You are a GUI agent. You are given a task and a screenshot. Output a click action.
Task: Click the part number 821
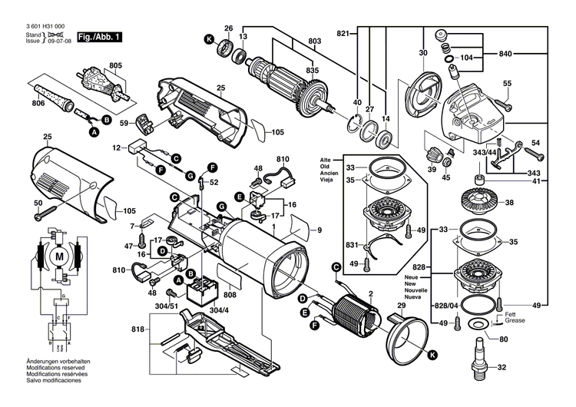tap(343, 34)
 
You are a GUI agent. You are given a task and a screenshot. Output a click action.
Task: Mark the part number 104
tap(468, 58)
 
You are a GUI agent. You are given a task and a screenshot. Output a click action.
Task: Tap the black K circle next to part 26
tap(207, 39)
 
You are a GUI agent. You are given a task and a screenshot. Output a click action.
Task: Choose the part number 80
tap(503, 339)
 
